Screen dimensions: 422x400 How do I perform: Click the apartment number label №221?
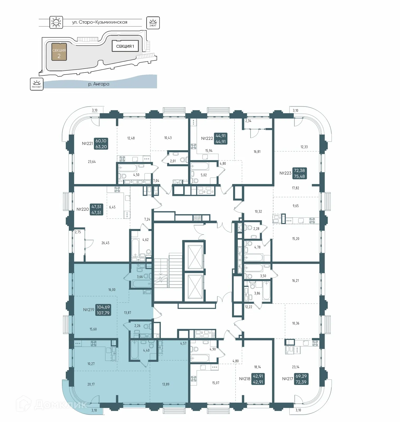pyautogui.click(x=87, y=144)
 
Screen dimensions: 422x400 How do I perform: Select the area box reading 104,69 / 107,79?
pyautogui.click(x=103, y=310)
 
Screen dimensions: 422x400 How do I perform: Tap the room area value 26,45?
pyautogui.click(x=105, y=243)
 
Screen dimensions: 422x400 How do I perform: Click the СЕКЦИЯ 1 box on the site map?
pyautogui.click(x=125, y=46)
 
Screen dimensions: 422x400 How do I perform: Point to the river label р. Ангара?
pyautogui.click(x=99, y=84)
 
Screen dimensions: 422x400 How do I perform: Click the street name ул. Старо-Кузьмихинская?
pyautogui.click(x=100, y=22)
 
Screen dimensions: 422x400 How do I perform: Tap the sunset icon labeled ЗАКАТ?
pyautogui.click(x=153, y=23)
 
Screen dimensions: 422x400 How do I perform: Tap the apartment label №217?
pyautogui.click(x=288, y=379)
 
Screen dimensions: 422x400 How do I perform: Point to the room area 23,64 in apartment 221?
pyautogui.click(x=92, y=162)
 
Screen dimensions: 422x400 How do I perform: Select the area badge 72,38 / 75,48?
pyautogui.click(x=300, y=173)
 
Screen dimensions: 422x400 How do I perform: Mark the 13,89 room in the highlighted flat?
pyautogui.click(x=166, y=384)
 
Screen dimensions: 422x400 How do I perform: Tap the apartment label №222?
pyautogui.click(x=207, y=138)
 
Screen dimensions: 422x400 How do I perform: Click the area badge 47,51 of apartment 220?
pyautogui.click(x=96, y=209)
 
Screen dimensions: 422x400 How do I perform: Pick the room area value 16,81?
pyautogui.click(x=257, y=152)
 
